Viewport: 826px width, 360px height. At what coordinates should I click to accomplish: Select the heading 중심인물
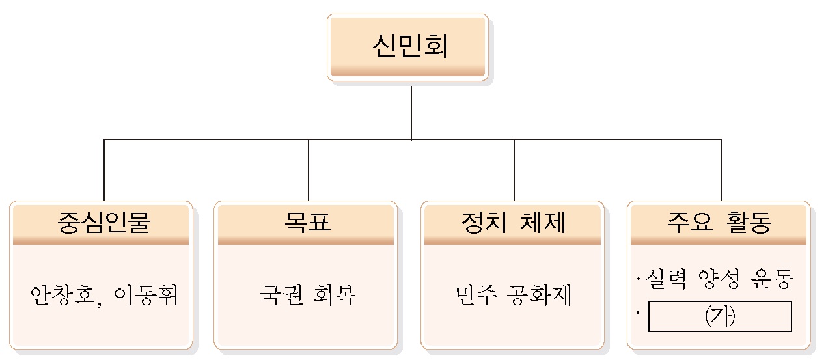[x=103, y=223]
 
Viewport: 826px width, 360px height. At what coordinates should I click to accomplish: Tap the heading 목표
[x=307, y=223]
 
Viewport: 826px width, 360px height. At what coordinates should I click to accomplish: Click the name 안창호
[x=66, y=296]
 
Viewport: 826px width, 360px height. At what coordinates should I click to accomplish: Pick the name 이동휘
[x=146, y=296]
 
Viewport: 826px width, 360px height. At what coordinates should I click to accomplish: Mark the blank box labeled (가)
[x=720, y=316]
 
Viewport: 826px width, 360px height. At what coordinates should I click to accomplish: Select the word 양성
[x=717, y=281]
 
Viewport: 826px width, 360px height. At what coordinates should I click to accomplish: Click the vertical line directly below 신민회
[x=411, y=111]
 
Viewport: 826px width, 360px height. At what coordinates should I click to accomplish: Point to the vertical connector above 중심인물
[x=104, y=169]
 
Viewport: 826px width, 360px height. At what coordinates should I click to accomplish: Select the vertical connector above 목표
[x=309, y=169]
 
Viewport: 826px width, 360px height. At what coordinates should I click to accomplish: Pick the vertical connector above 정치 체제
[x=514, y=169]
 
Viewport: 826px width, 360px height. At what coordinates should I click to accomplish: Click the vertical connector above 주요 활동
[x=721, y=169]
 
